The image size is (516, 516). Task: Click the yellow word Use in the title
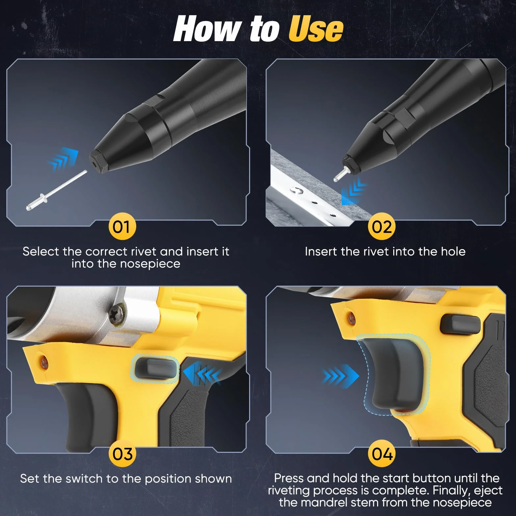pyautogui.click(x=316, y=29)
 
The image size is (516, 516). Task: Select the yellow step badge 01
pyautogui.click(x=122, y=227)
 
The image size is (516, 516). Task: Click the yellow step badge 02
pyautogui.click(x=382, y=227)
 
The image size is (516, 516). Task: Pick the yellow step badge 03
pyautogui.click(x=122, y=454)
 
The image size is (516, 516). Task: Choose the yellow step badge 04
pyautogui.click(x=382, y=454)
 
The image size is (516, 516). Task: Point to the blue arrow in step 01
pyautogui.click(x=64, y=159)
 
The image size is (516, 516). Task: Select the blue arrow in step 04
pyautogui.click(x=341, y=375)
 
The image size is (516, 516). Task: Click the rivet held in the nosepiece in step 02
pyautogui.click(x=340, y=173)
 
